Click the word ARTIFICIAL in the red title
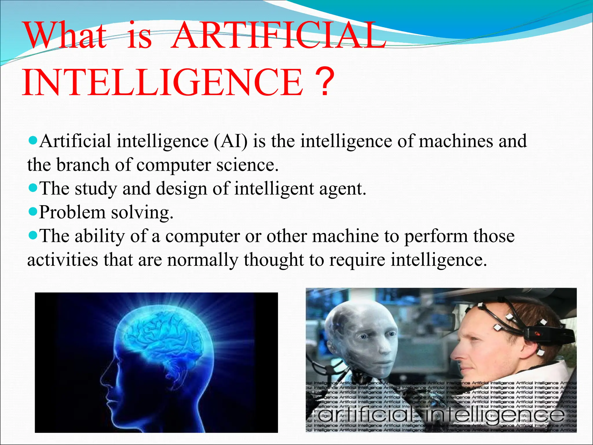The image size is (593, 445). point(278,36)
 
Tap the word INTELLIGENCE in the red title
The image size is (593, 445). point(163,83)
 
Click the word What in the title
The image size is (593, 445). point(66,36)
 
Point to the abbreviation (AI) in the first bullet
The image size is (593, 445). point(231,142)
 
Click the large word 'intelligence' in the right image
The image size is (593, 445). point(495,415)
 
